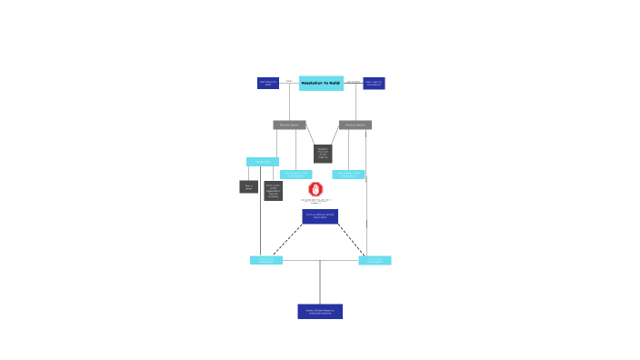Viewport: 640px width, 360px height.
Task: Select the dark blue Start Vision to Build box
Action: [x=268, y=83]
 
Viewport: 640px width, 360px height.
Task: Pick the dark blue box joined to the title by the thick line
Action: [x=374, y=83]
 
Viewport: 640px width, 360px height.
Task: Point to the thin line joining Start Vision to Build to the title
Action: [x=289, y=83]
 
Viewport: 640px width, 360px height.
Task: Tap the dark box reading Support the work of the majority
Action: [x=323, y=154]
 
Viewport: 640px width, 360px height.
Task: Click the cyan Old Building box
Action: [x=262, y=162]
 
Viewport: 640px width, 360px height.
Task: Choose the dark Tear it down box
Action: [x=248, y=186]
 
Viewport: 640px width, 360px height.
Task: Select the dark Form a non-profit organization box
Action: [x=273, y=191]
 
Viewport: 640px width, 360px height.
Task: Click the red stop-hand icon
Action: [x=315, y=189]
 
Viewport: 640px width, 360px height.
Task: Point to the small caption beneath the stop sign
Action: [x=315, y=200]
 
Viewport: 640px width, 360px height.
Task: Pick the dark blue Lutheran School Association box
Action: [x=320, y=216]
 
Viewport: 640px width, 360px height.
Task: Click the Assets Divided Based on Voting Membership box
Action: [x=320, y=311]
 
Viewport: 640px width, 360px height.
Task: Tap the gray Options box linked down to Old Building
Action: [x=289, y=125]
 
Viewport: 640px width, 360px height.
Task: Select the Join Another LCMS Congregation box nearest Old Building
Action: [x=295, y=174]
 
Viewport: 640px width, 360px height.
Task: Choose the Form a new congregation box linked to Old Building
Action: [x=266, y=260]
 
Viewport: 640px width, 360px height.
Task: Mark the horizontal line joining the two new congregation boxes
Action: [x=320, y=261]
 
